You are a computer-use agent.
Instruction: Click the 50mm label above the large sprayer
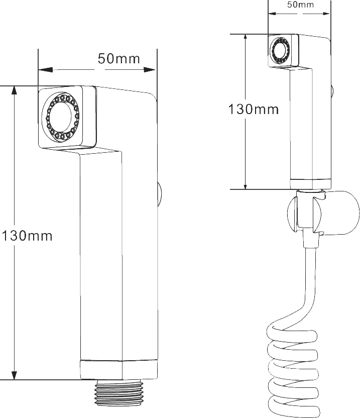(118, 59)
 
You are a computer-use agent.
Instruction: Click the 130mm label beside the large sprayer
(27, 236)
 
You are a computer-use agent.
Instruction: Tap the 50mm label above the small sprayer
(300, 5)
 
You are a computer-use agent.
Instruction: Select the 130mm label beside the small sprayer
(254, 110)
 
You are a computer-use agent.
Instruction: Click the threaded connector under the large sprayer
(119, 393)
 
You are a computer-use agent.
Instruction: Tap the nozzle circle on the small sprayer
(280, 51)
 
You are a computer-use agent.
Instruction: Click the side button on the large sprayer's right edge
(159, 194)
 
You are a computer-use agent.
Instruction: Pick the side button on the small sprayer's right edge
(332, 91)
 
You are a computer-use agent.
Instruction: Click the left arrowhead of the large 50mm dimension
(45, 70)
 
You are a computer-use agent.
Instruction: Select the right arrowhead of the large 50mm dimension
(150, 70)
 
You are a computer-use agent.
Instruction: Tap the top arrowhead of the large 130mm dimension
(14, 90)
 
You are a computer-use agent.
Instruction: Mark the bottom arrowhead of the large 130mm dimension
(14, 375)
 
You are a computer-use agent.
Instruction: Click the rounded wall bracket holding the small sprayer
(323, 213)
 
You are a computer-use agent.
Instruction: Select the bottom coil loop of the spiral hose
(293, 407)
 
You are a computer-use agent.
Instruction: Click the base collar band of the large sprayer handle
(119, 370)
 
